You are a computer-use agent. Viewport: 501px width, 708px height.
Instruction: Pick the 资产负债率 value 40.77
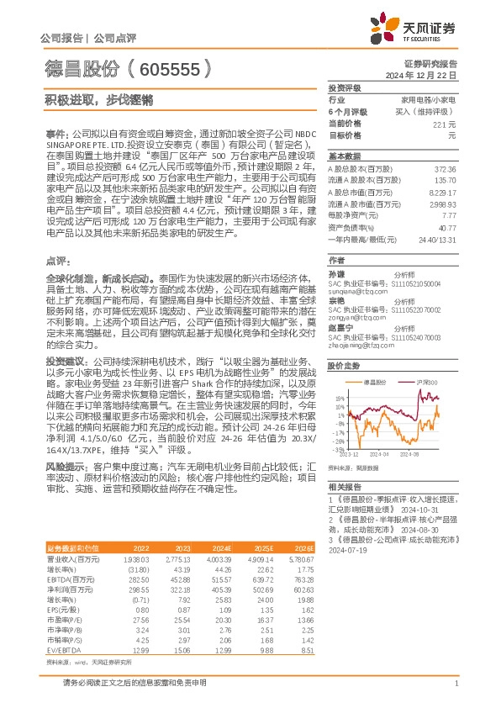coord(447,227)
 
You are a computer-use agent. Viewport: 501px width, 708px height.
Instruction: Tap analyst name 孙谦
coord(335,274)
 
